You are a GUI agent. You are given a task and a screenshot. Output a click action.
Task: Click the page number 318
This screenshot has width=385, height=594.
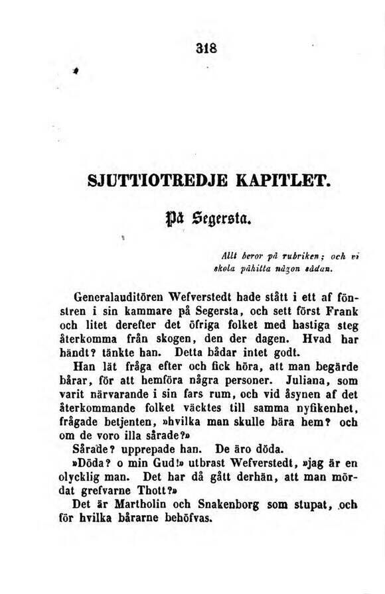[x=198, y=50]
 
